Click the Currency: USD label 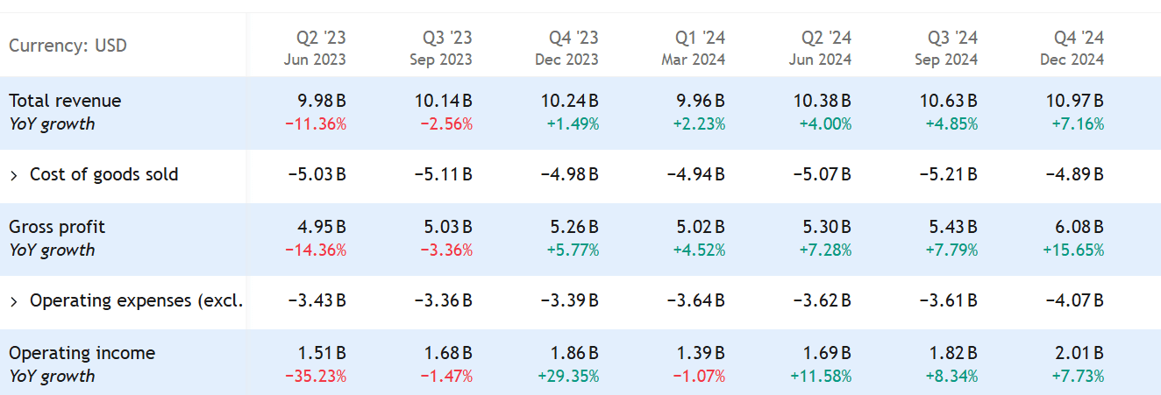(68, 45)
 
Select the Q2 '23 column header (321, 38)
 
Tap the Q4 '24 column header (1079, 38)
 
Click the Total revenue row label (65, 101)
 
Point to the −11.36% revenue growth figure (316, 123)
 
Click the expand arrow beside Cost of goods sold (14, 175)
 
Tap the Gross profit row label (57, 227)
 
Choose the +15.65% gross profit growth (1073, 250)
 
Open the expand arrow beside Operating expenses (14, 301)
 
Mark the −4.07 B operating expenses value (1074, 300)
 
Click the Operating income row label (82, 353)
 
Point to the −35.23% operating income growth (316, 376)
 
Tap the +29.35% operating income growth (568, 376)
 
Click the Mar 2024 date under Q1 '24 (693, 60)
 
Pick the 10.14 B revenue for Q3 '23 (443, 101)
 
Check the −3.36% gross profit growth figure (445, 250)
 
